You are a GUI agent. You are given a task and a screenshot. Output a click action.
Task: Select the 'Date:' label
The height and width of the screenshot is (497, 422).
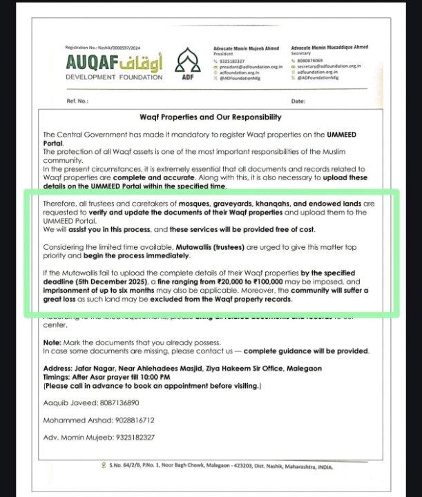point(298,101)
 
